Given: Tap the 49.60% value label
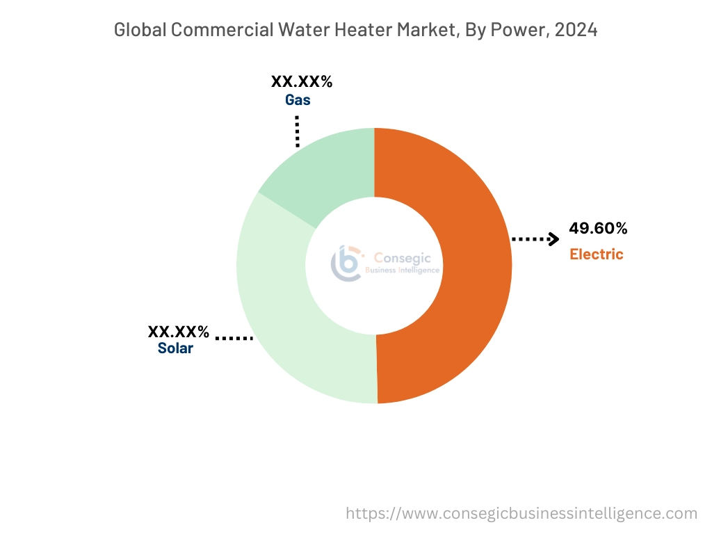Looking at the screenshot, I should [598, 228].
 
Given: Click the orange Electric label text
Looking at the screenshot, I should [597, 254].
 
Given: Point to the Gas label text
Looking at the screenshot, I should [298, 100].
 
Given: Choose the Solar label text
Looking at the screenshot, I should [175, 348].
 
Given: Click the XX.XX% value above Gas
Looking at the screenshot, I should [302, 82].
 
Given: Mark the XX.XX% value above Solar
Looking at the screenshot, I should [178, 331].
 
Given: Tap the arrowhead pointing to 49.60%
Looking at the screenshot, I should [553, 239].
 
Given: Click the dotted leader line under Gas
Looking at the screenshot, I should [298, 131].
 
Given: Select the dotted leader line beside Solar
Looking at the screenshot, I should [234, 339].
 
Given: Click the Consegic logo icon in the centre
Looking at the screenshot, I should [346, 263].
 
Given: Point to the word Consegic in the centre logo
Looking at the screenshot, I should [403, 257].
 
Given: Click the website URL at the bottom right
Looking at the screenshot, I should [521, 514].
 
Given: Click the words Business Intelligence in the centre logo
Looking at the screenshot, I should [403, 270].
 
